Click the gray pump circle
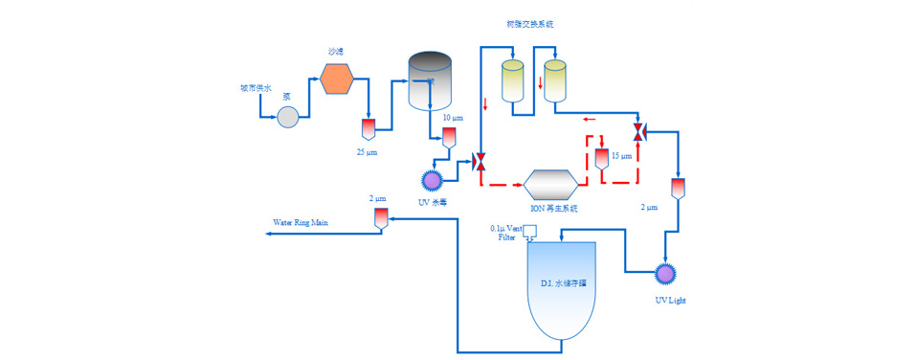click(287, 118)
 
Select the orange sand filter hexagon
click(338, 79)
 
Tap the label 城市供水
click(256, 88)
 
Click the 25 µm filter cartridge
click(367, 128)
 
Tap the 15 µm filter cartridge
click(602, 158)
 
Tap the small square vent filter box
click(530, 231)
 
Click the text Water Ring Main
click(301, 222)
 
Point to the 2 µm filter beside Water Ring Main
click(380, 220)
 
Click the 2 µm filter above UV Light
click(678, 188)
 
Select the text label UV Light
click(670, 300)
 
